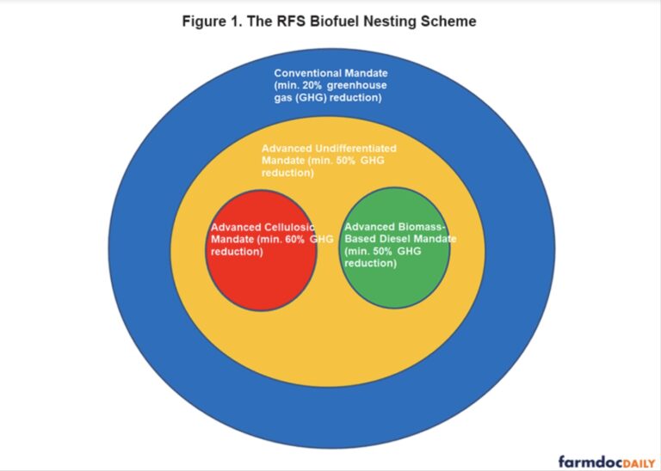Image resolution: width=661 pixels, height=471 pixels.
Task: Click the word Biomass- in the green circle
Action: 424,227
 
